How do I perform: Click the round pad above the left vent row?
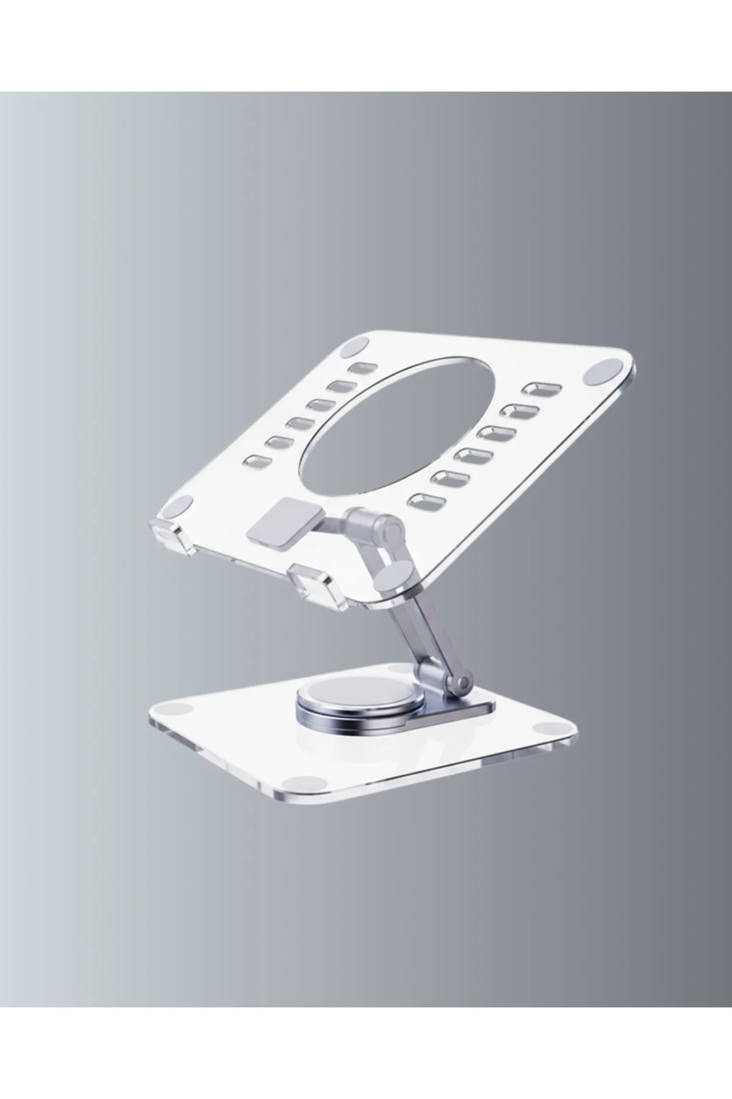(354, 349)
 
